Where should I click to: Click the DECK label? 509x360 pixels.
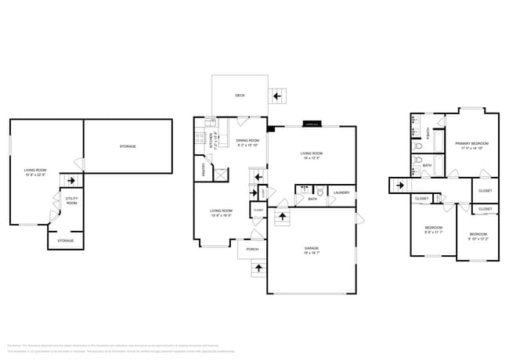[240, 95]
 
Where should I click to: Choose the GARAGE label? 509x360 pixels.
[311, 250]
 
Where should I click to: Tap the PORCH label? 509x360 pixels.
[252, 250]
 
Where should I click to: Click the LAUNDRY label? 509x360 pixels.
[341, 193]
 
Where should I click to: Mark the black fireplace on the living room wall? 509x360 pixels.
[271, 128]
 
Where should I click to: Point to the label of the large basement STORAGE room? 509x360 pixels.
[128, 146]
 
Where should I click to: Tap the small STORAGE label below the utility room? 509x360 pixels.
[66, 241]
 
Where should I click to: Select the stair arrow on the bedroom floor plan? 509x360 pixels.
[399, 185]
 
